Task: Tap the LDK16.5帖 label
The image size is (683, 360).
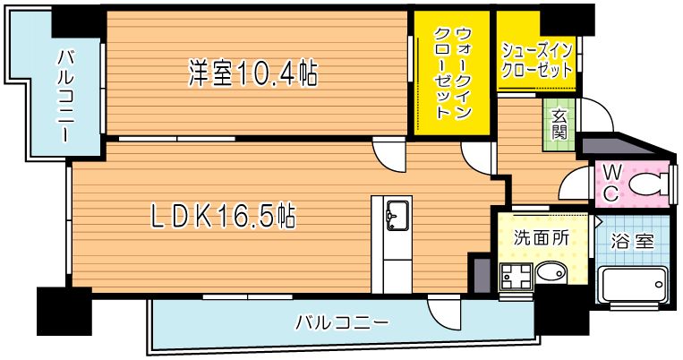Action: [x=223, y=216]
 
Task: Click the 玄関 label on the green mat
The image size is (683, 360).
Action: [x=559, y=124]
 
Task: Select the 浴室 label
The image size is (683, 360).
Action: [x=631, y=242]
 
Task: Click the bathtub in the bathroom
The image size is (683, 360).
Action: [x=631, y=286]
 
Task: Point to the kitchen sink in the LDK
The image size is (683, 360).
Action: [x=395, y=215]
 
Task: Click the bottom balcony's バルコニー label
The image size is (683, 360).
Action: [x=343, y=322]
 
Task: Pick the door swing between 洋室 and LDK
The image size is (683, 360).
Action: [x=389, y=155]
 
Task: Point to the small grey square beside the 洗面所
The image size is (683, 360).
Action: [x=482, y=274]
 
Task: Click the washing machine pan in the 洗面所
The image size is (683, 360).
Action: [x=517, y=276]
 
